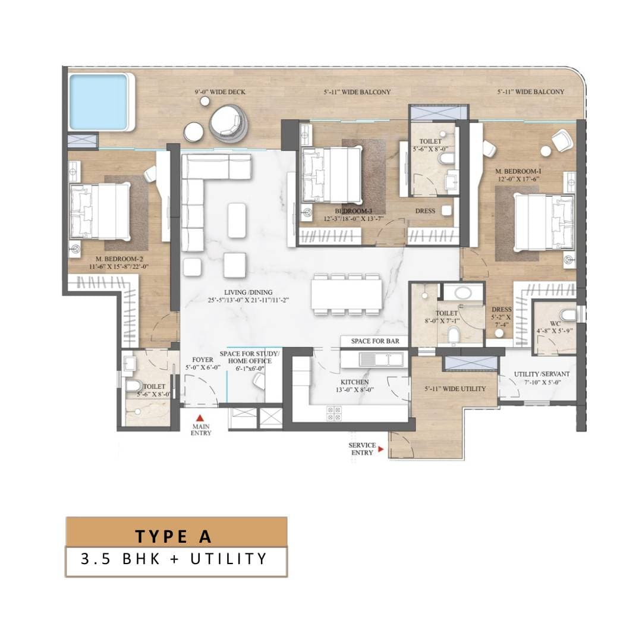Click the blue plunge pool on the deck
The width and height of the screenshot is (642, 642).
click(x=98, y=102)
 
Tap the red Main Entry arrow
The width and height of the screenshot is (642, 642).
click(x=200, y=418)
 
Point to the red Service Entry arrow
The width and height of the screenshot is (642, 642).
click(x=381, y=449)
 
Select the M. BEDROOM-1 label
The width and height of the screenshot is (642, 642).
click(x=518, y=171)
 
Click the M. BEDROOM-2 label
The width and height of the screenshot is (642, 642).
click(x=119, y=259)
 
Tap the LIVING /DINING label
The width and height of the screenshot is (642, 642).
click(x=248, y=292)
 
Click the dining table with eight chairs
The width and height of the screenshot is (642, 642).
click(x=347, y=294)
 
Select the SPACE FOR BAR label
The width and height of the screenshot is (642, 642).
click(x=375, y=341)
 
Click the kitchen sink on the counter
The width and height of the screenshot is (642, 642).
click(x=381, y=360)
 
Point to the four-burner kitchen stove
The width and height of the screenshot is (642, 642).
click(x=334, y=414)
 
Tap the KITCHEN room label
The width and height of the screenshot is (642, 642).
click(x=354, y=382)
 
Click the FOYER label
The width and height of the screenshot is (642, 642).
click(x=203, y=360)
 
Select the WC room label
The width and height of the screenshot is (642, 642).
click(x=555, y=323)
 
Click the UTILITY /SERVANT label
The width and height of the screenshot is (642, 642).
click(x=542, y=374)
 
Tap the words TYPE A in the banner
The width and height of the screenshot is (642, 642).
click(x=174, y=536)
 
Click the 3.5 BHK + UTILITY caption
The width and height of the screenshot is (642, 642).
click(x=174, y=559)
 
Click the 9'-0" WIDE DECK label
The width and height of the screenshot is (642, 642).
click(x=220, y=92)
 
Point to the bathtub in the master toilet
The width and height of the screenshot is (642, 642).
click(x=463, y=292)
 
